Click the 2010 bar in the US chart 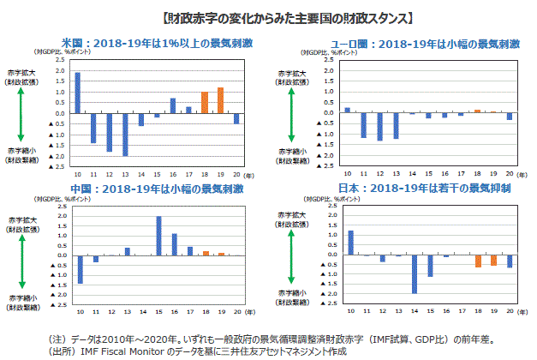78,93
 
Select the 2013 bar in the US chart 125,134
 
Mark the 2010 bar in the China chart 80,268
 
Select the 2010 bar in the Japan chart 350,243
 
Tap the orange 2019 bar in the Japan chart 493,260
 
